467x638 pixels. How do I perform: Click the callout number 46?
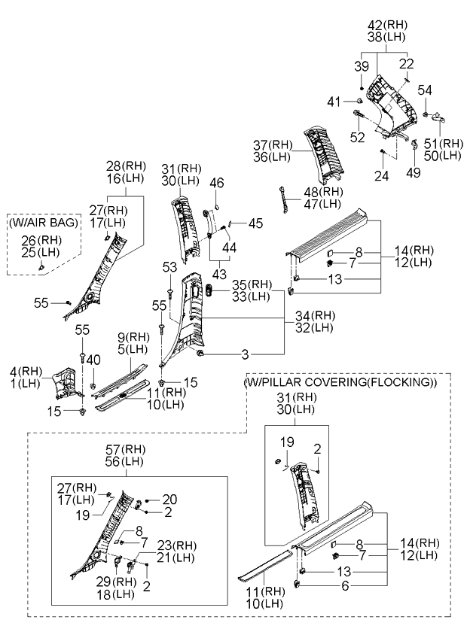tap(217, 182)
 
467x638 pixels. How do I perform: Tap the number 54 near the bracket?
tap(426, 90)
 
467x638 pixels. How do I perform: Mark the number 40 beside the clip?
tap(93, 360)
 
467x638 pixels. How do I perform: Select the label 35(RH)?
tap(252, 284)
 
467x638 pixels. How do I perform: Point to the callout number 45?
tap(256, 223)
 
